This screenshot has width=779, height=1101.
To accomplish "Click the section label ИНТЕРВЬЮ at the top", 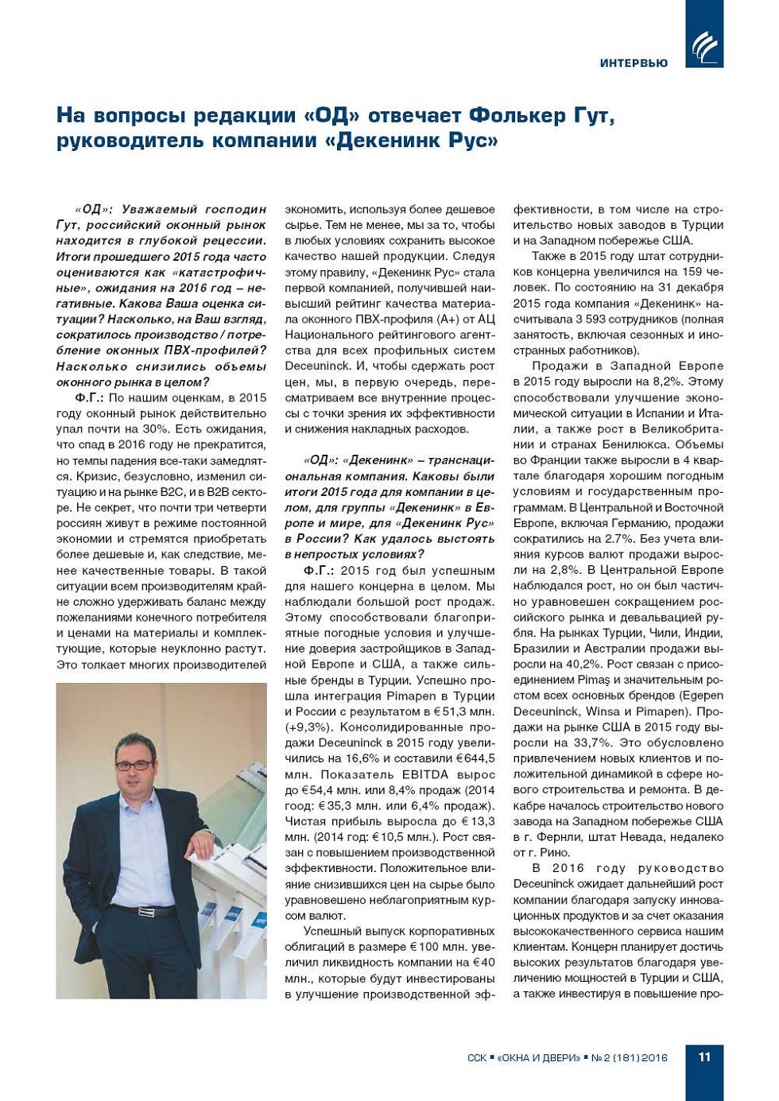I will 634,63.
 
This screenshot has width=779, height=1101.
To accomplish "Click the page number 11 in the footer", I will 704,1056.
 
